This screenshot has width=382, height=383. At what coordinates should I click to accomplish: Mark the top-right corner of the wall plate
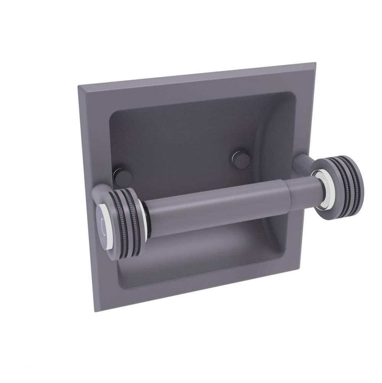click(x=315, y=63)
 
